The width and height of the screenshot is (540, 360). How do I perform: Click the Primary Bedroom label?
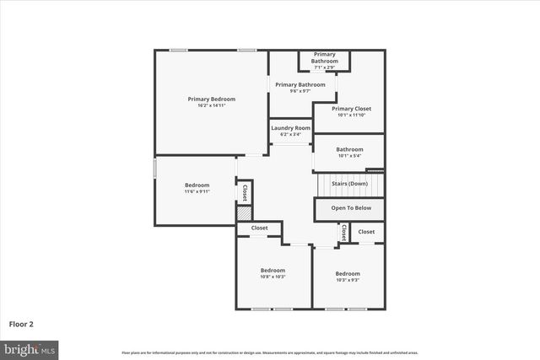tap(211, 99)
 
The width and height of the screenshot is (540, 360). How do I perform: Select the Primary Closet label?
tap(351, 109)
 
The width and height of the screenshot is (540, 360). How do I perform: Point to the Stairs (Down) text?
tap(349, 183)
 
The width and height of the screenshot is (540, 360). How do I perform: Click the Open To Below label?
tap(350, 207)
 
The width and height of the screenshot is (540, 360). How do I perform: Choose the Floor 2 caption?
tap(21, 323)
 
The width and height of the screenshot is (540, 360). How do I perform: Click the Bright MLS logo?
tap(29, 348)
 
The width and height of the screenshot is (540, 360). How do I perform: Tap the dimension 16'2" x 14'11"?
tap(211, 105)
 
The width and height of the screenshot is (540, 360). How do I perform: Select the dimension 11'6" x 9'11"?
tap(197, 191)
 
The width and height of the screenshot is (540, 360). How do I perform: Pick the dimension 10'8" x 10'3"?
tap(273, 277)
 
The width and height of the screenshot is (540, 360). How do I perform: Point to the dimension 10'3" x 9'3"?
tap(348, 280)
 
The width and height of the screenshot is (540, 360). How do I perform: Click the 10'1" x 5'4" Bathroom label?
tap(349, 152)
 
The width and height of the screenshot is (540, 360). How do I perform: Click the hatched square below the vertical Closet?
tap(245, 214)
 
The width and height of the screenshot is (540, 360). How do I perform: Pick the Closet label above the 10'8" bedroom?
tap(260, 228)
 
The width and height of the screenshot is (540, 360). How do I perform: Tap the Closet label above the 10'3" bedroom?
tap(366, 231)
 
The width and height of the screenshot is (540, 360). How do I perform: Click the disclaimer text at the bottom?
tap(269, 352)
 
